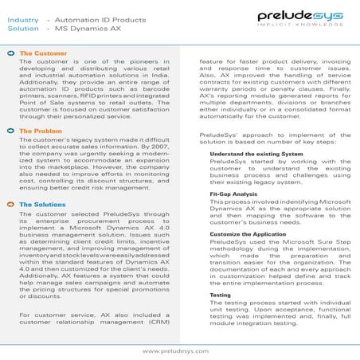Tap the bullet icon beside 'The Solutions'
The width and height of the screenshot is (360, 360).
[10, 205]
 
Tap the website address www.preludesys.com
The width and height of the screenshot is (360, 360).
[180, 350]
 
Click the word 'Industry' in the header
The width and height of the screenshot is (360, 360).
[23, 16]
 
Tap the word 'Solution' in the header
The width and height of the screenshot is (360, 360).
[23, 27]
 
